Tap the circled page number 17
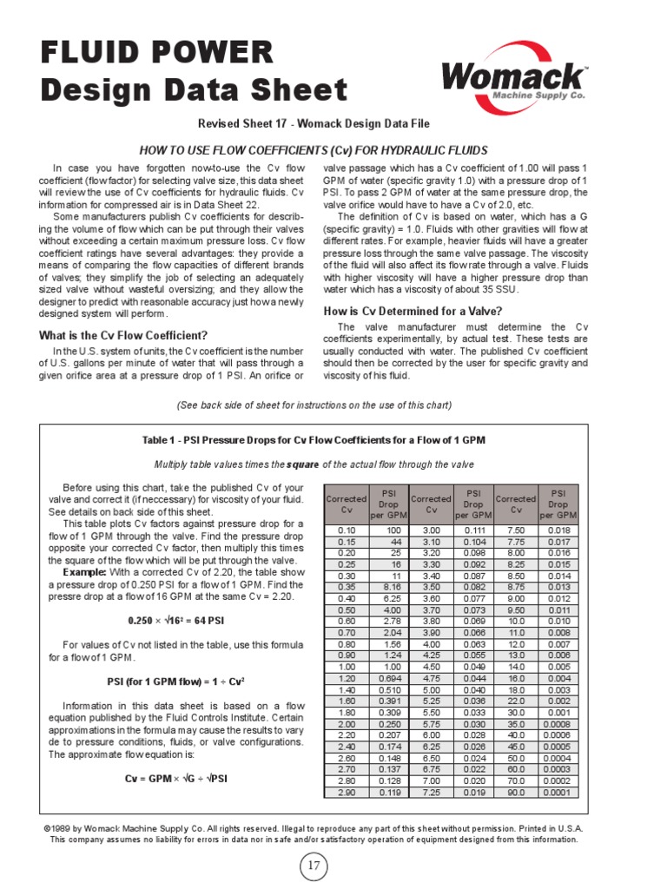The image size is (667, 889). (x=314, y=866)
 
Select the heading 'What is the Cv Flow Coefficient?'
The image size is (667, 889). (x=123, y=335)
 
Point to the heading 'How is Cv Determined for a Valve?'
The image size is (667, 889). (x=413, y=311)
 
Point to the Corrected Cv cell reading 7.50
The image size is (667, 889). (x=516, y=530)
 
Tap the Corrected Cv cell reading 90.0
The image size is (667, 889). (x=516, y=792)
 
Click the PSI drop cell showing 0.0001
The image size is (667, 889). (x=558, y=792)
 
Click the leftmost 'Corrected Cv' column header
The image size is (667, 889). (x=347, y=504)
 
